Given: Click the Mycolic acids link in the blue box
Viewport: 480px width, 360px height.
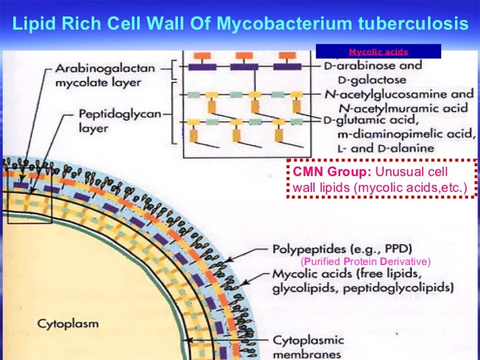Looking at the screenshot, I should (378, 51).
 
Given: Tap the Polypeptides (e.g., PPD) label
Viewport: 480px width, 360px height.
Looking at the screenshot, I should (342, 249).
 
